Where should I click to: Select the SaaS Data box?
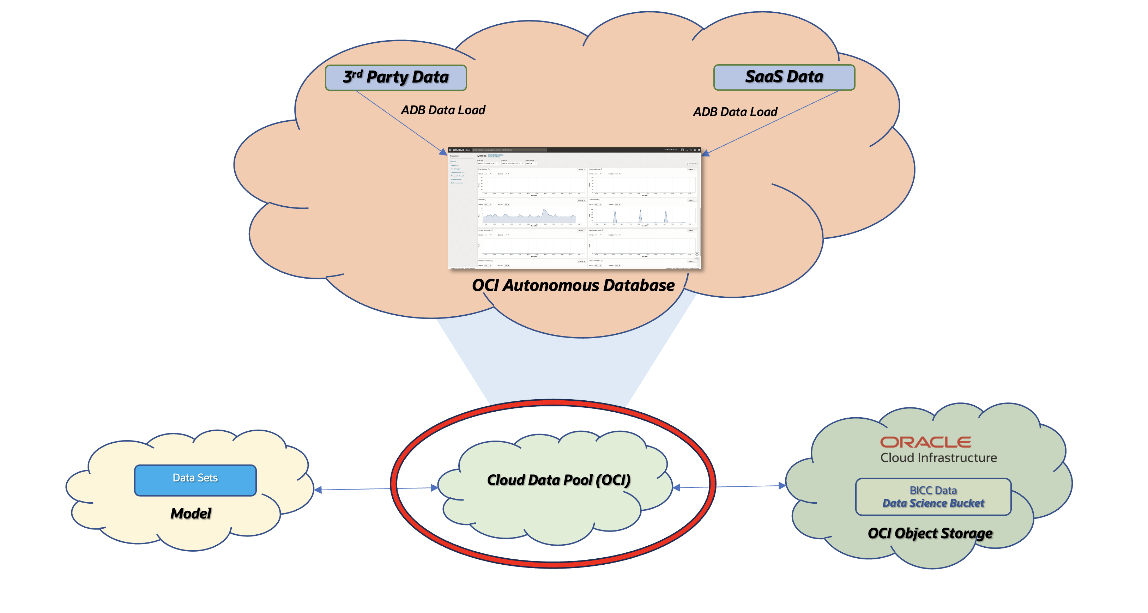click(784, 77)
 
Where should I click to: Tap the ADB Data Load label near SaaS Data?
click(735, 112)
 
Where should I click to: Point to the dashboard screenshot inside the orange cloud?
click(574, 208)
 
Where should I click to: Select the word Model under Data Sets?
click(191, 513)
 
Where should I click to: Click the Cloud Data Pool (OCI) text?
click(558, 480)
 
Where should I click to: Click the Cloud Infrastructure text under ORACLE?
click(938, 457)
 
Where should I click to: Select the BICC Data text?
click(933, 491)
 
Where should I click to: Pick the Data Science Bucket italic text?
click(933, 503)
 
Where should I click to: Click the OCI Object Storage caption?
click(930, 533)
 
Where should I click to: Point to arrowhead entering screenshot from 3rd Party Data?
click(443, 152)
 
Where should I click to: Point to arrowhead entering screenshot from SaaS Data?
click(706, 153)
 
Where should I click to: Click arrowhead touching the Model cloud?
click(318, 490)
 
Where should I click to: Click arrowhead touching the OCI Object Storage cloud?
click(782, 486)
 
